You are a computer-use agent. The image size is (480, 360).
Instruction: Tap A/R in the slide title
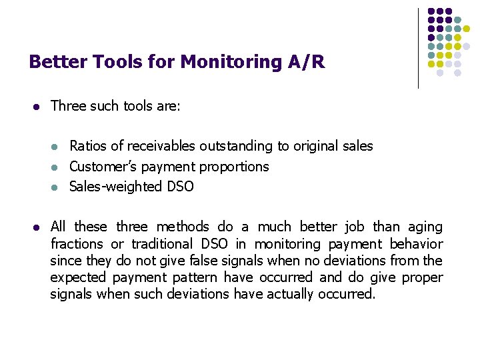tap(307, 63)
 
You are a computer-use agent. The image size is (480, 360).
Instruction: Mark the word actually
tap(290, 294)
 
